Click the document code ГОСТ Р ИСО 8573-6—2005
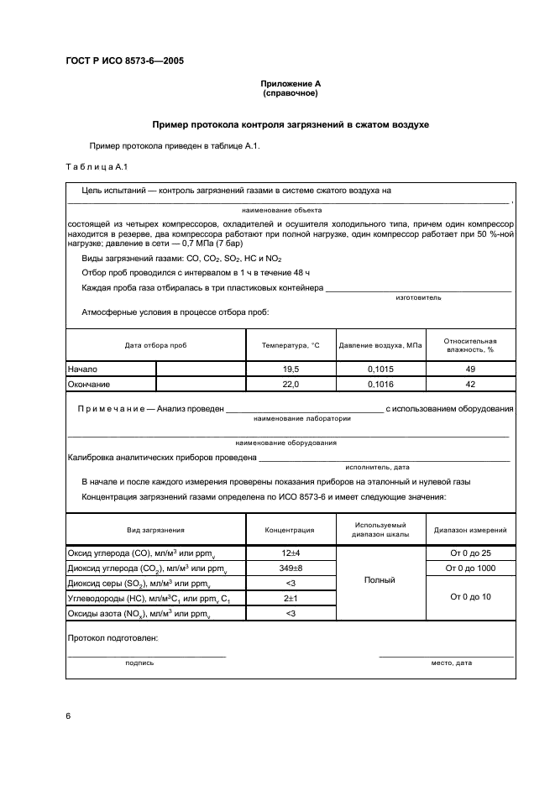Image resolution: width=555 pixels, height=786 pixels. pos(125,62)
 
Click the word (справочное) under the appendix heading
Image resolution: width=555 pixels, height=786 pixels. pos(290,93)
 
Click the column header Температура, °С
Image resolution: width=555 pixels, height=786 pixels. pos(291,345)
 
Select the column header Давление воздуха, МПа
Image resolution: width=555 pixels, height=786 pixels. pos(380,345)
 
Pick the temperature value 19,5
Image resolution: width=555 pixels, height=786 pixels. pos(291,369)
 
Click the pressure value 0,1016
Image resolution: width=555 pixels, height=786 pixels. pos(380,384)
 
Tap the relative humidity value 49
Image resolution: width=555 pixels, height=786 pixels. pos(470,369)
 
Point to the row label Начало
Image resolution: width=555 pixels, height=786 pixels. pos(83,369)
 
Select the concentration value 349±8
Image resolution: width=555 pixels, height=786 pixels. pos(291,569)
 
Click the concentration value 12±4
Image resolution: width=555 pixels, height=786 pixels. pos(291,553)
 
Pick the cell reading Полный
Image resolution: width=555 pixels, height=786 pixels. pos(380,579)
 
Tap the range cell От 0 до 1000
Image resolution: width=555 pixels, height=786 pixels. pos(470,569)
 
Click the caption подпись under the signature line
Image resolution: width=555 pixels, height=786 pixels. pos(139,663)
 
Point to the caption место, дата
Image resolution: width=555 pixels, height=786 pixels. pos(451,663)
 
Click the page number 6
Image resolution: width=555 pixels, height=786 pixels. pos(68,715)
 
